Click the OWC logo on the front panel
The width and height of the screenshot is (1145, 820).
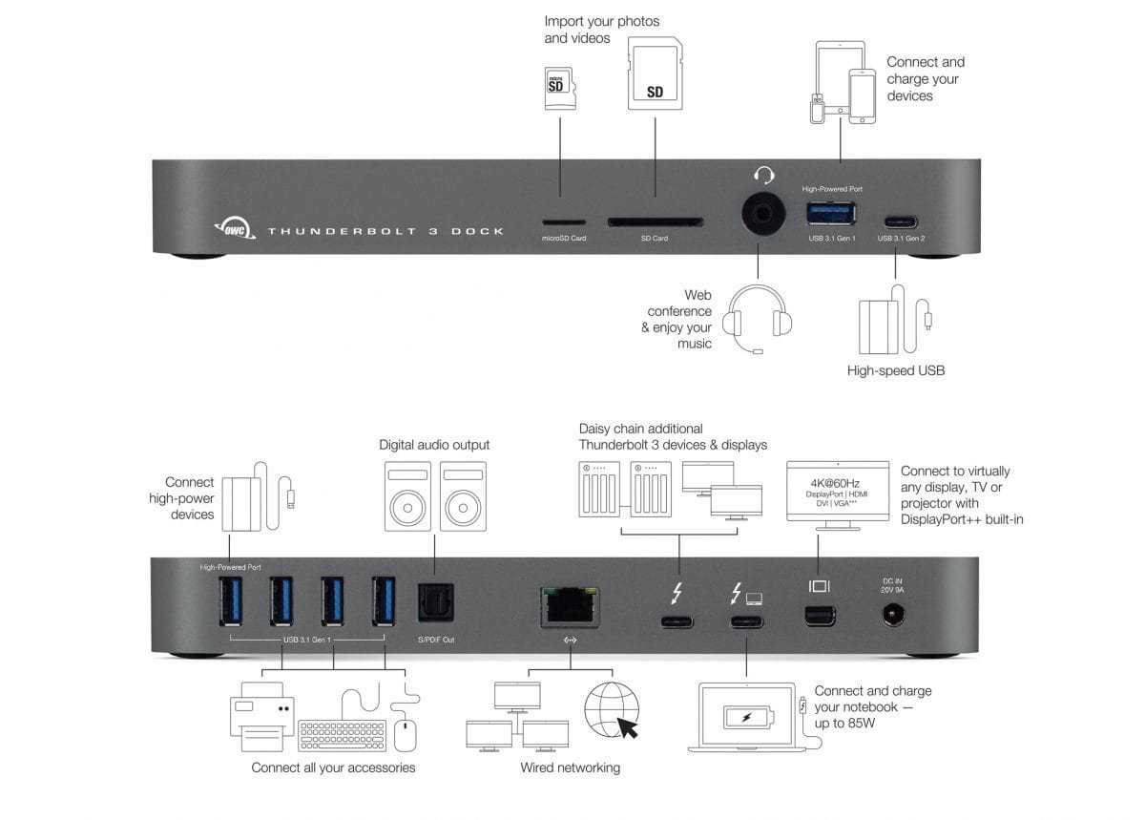tap(233, 228)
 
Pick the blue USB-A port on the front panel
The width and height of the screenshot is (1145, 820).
tap(832, 213)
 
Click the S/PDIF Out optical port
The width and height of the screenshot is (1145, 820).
tap(436, 603)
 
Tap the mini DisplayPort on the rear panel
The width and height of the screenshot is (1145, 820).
tap(819, 616)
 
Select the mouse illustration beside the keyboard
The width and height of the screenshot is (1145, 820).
tap(406, 734)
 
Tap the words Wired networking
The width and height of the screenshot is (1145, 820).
tap(570, 767)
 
